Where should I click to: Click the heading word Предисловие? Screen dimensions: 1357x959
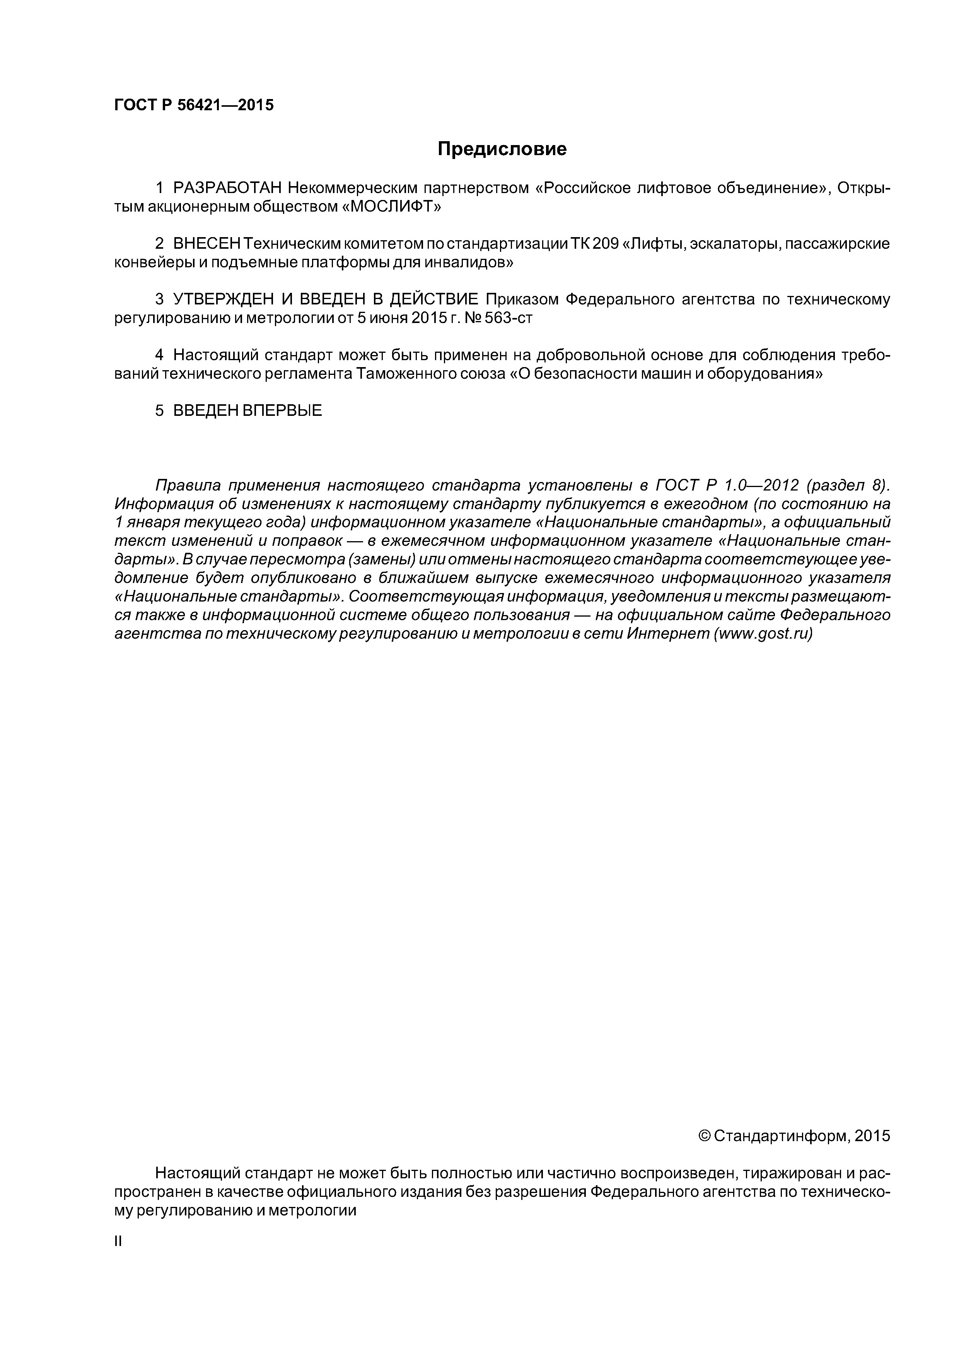tap(502, 149)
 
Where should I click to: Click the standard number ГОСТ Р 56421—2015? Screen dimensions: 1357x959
tap(194, 105)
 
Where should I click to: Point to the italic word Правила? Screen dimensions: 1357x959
tap(187, 486)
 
